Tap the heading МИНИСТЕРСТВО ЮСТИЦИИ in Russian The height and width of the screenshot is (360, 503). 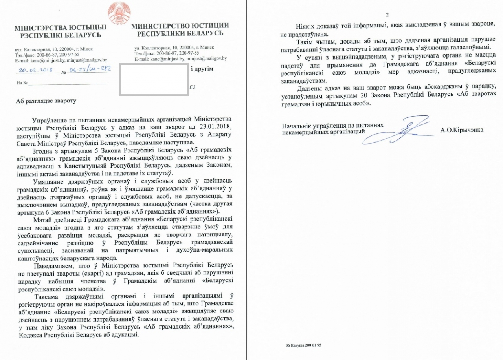(180, 26)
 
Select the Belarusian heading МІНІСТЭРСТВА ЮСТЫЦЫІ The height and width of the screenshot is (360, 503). (60, 28)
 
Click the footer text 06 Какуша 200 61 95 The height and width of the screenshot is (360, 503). (304, 346)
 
